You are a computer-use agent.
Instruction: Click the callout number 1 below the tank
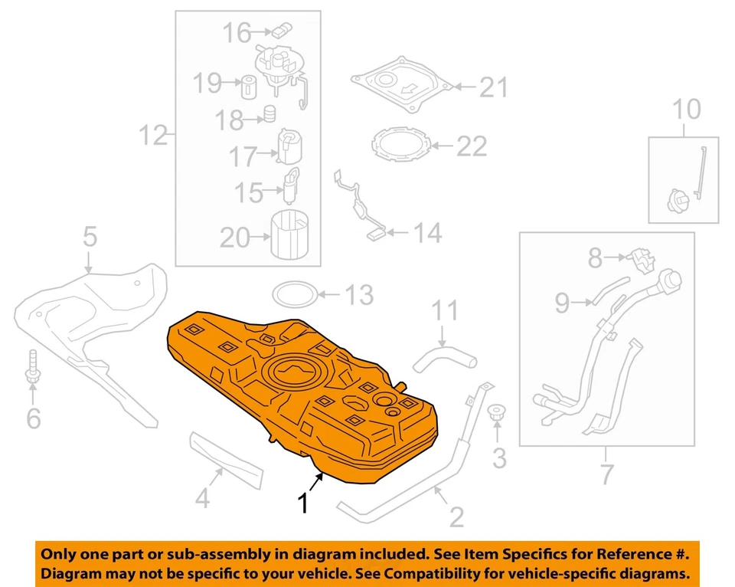tap(304, 503)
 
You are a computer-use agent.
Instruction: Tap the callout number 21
tap(493, 88)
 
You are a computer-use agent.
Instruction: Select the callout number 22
tap(471, 145)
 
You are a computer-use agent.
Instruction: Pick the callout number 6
tap(33, 418)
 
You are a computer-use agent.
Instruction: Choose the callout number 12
tap(152, 136)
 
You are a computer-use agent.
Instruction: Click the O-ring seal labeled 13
tap(295, 293)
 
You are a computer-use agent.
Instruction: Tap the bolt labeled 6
tap(33, 366)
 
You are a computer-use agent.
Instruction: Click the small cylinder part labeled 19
tap(249, 86)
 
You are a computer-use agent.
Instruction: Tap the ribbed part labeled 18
tap(270, 116)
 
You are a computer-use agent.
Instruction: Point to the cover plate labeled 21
tap(402, 83)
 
